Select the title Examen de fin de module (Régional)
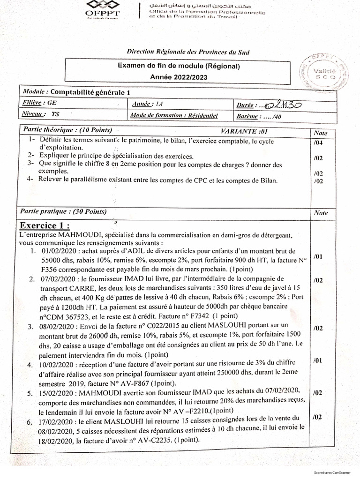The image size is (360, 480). click(x=179, y=67)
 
